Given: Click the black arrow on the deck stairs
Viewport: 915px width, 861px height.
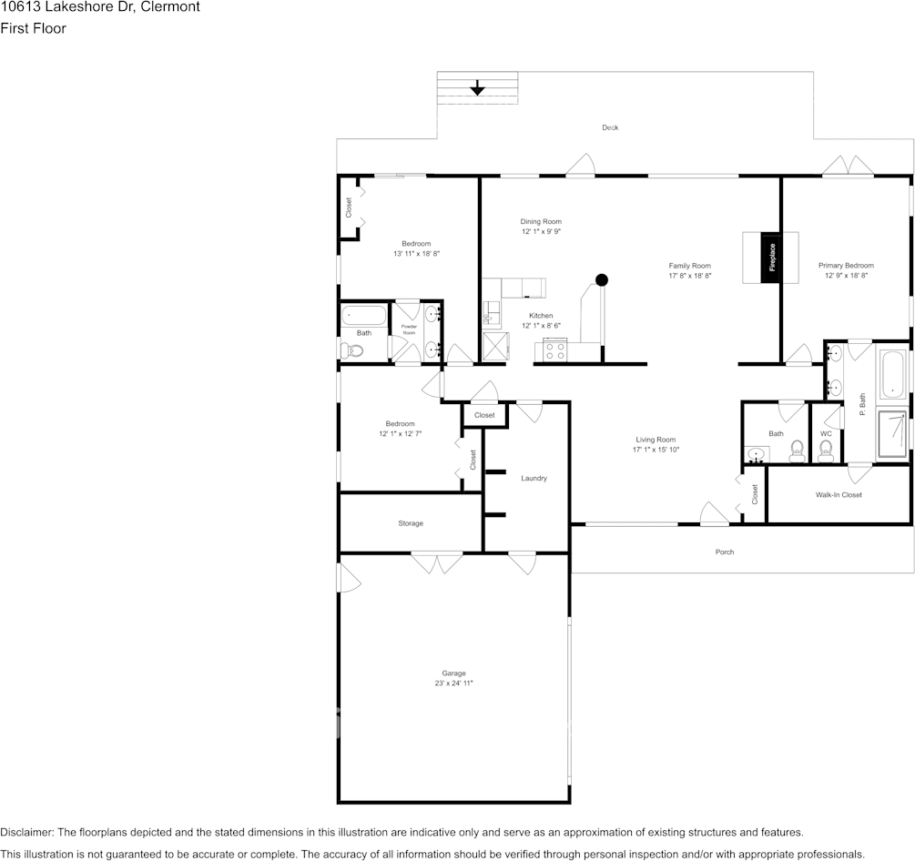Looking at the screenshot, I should click(x=477, y=88).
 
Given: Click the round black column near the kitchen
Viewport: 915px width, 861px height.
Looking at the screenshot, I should click(x=602, y=280).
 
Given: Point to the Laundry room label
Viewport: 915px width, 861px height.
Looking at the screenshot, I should click(x=534, y=478).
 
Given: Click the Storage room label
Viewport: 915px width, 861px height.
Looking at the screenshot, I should click(x=411, y=523).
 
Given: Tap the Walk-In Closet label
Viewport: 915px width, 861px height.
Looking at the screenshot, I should click(x=839, y=494).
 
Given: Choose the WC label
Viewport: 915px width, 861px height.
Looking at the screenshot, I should click(x=826, y=433).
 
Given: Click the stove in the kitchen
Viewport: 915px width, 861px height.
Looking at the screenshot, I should click(x=554, y=349).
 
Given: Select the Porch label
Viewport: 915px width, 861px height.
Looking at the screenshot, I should click(x=725, y=552).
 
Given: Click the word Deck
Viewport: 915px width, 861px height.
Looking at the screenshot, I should click(x=610, y=127).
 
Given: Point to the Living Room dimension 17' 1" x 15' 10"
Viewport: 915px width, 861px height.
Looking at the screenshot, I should click(x=656, y=450).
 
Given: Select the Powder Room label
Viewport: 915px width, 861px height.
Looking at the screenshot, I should click(x=409, y=329).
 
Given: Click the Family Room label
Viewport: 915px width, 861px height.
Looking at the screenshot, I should click(x=689, y=265).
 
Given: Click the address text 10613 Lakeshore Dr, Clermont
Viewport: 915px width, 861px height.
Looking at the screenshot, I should click(x=100, y=7).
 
